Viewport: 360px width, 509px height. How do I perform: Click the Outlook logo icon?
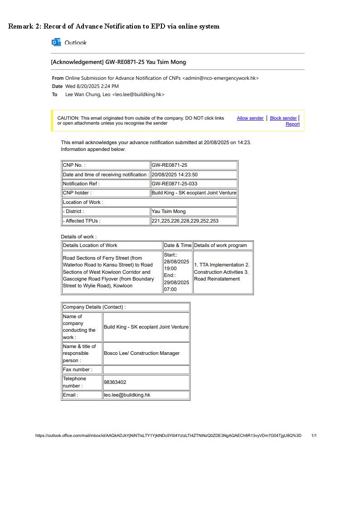[x=56, y=43]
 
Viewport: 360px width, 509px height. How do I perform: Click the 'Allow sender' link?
[x=250, y=118]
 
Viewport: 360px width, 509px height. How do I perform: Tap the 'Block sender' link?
[x=283, y=118]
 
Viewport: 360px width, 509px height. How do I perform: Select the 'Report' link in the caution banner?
[x=292, y=124]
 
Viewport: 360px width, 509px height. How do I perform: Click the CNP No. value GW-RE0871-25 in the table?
[x=169, y=165]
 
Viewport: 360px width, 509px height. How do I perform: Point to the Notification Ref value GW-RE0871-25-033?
[x=175, y=184]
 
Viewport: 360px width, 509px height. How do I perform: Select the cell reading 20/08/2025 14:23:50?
[x=175, y=175]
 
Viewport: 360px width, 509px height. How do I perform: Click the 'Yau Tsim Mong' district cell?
[x=168, y=212]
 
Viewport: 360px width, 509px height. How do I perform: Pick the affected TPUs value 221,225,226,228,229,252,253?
[x=185, y=221]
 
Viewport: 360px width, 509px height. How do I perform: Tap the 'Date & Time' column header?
[x=178, y=246]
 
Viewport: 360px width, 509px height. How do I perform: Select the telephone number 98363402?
[x=115, y=383]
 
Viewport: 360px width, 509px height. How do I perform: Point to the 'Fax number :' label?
[x=78, y=370]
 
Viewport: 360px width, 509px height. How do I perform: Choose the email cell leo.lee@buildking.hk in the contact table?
[x=127, y=395]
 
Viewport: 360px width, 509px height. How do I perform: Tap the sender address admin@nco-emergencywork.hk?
[x=220, y=78]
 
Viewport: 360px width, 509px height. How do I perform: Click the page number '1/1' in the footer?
[x=314, y=436]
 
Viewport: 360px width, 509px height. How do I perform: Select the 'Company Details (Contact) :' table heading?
[x=94, y=307]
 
